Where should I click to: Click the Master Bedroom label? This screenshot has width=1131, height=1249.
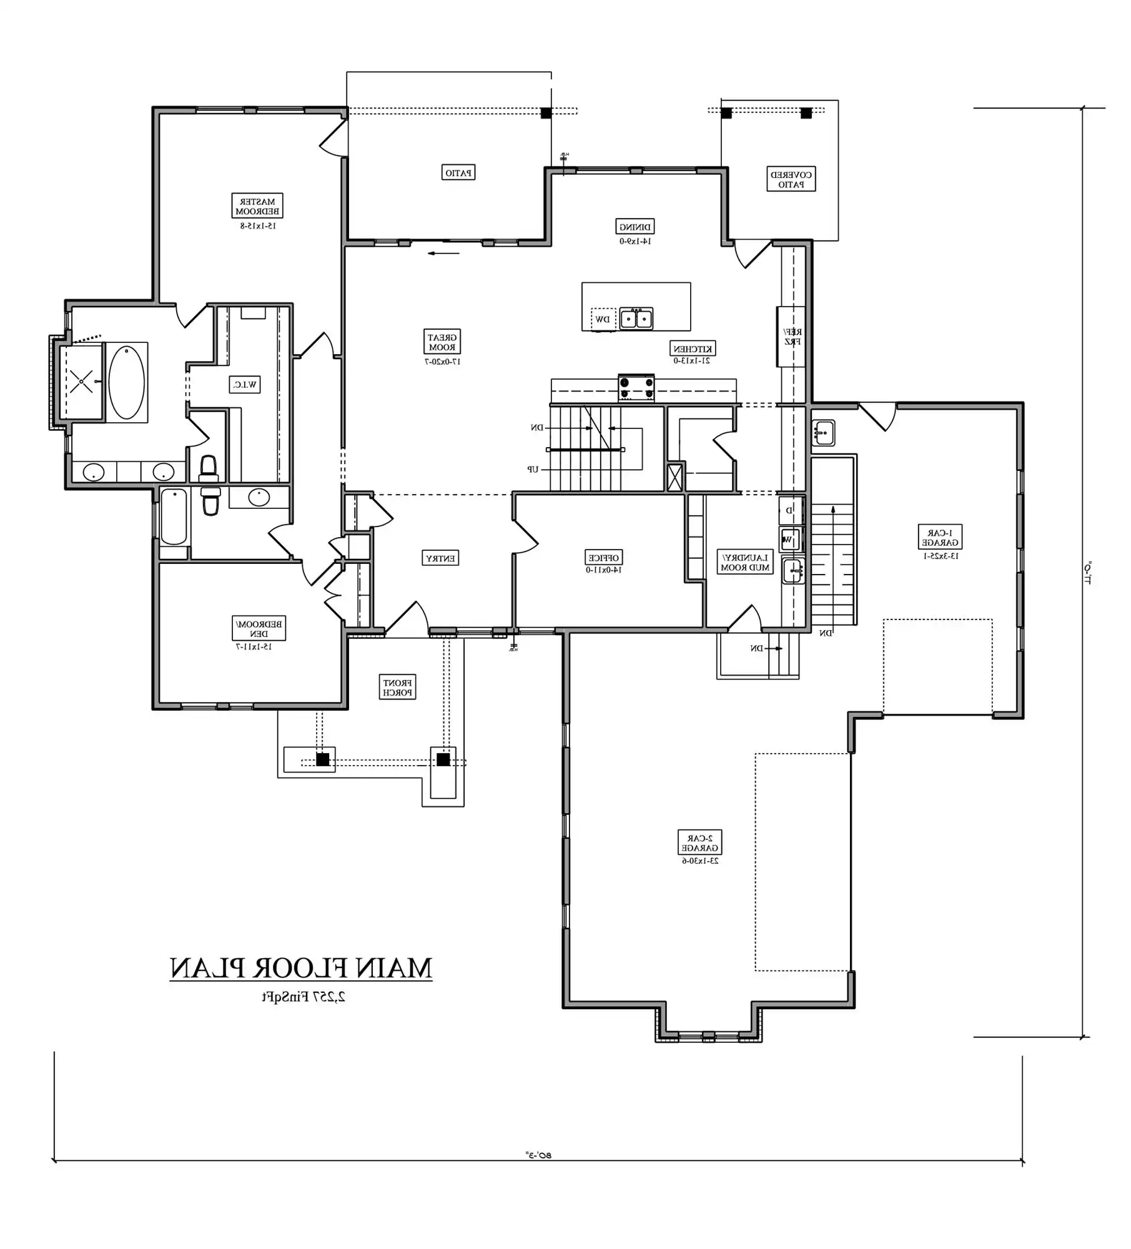point(257,206)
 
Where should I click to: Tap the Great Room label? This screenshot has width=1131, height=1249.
point(442,342)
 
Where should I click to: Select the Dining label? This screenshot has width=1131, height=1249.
point(635,227)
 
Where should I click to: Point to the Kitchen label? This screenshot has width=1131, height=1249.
point(693,348)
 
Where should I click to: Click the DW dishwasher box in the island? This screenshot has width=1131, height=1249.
point(603,319)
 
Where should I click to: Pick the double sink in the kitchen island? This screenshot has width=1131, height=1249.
point(636,318)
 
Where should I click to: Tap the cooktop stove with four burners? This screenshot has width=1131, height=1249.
point(636,387)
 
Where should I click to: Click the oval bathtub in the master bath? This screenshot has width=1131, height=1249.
point(126,382)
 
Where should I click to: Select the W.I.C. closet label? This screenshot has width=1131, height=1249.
point(245,385)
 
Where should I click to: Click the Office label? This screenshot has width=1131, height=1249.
point(604,558)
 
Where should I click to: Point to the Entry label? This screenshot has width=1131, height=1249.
point(440,558)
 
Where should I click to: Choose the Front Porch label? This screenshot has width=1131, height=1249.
point(397,688)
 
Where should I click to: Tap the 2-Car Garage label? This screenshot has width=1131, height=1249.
point(700,843)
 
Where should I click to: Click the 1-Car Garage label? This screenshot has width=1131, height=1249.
point(940,538)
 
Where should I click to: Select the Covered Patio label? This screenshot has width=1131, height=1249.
point(791,179)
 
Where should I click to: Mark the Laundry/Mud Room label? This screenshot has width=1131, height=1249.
point(746,563)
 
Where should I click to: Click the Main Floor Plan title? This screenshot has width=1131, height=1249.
point(301,969)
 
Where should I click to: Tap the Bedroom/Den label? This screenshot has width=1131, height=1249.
point(259,629)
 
